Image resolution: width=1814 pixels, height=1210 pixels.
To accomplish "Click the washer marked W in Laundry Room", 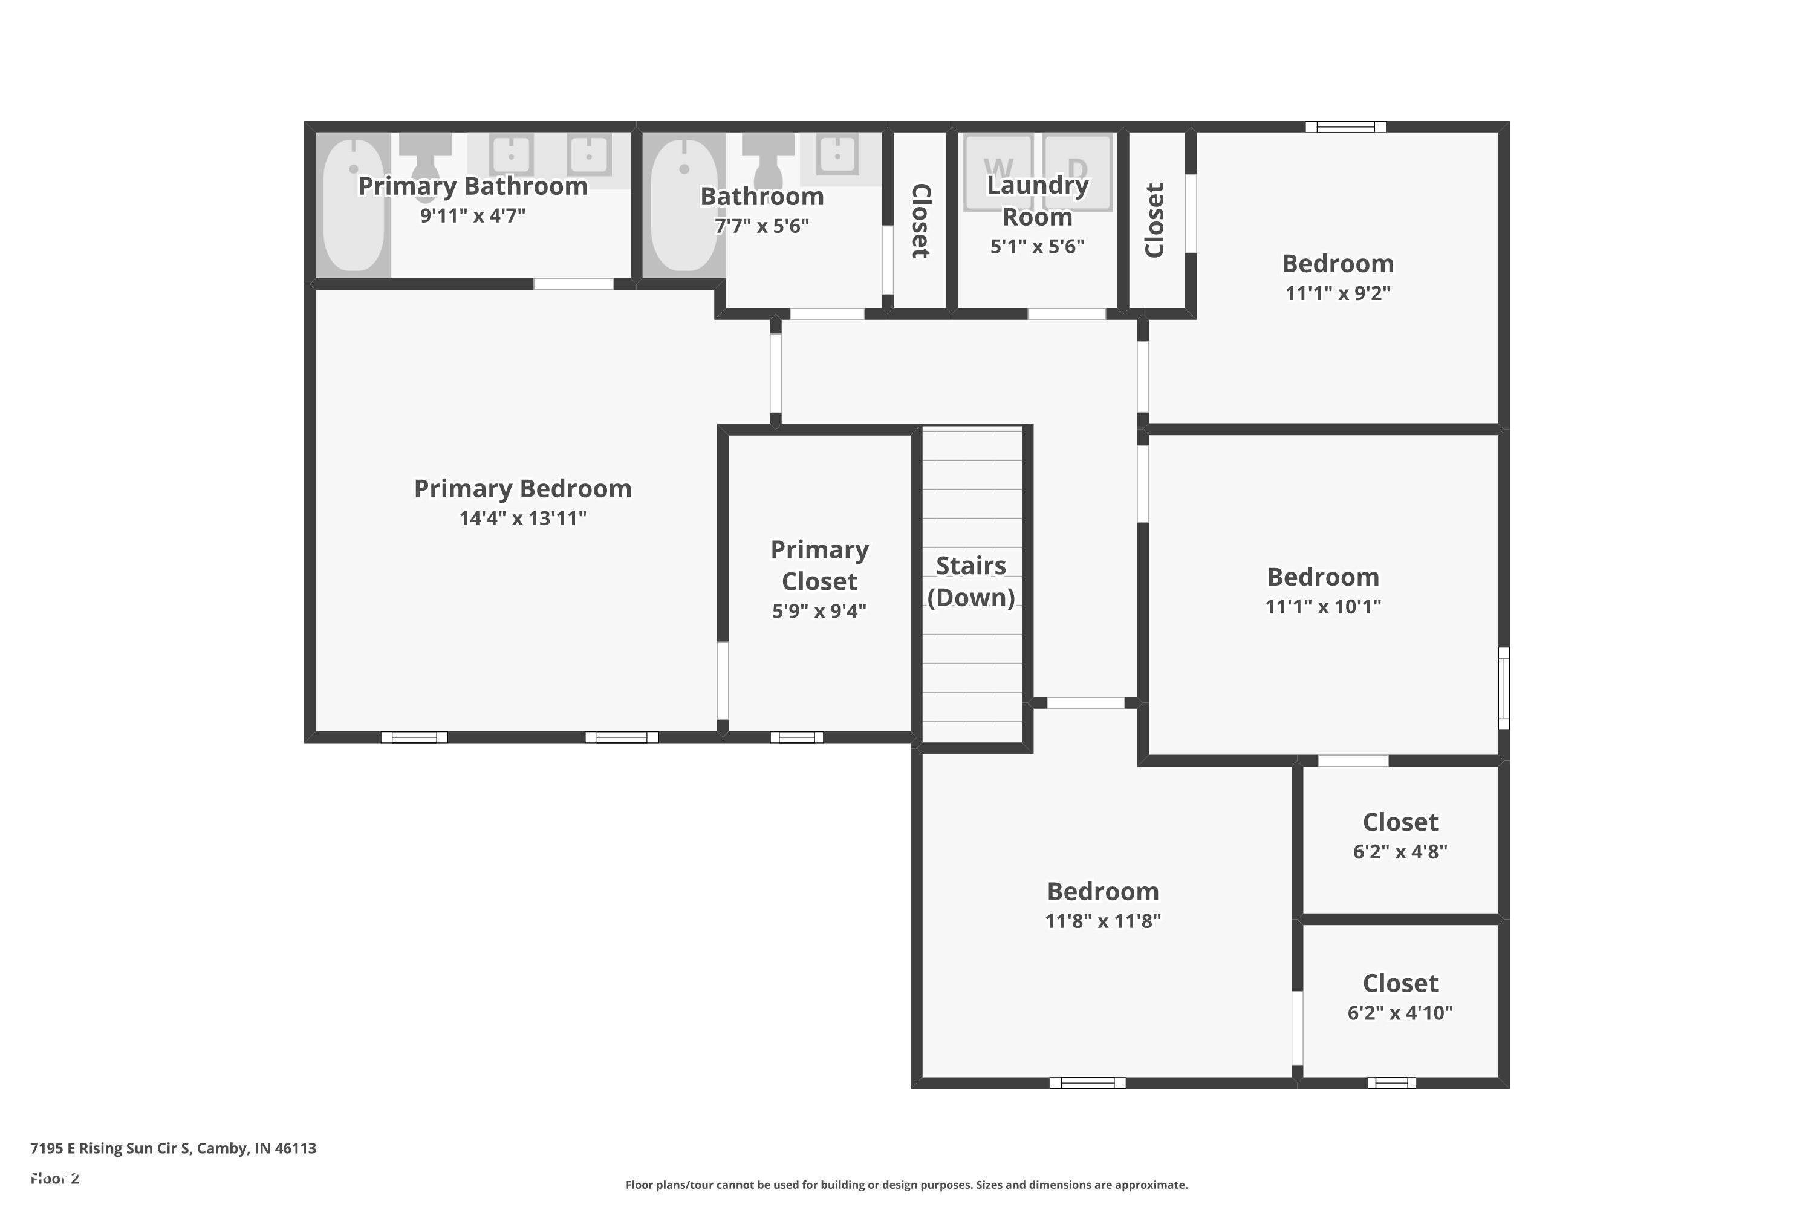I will point(998,171).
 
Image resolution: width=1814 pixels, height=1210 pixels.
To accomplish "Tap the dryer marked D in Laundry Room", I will point(1078,171).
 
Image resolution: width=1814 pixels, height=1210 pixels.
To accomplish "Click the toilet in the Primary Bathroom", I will point(425,163).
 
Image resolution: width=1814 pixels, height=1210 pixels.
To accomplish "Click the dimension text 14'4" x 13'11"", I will point(522,518).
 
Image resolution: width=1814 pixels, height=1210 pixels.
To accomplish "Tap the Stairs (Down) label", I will point(970,581).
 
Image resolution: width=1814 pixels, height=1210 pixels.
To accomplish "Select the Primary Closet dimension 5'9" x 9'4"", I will point(819,610).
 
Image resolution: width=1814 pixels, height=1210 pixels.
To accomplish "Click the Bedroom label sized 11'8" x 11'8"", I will point(1102,891).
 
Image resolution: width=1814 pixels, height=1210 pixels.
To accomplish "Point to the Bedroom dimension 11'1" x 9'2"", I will point(1338,293).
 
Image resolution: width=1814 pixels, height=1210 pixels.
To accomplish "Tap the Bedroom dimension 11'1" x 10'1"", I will point(1323,607).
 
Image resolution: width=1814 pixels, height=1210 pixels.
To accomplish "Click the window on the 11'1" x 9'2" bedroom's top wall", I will point(1345,127).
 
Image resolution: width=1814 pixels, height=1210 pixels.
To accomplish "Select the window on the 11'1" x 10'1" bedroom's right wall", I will point(1503,687).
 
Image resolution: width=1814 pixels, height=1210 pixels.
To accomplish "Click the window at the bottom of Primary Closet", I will point(797,737).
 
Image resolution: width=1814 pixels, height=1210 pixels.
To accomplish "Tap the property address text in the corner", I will point(173,1148).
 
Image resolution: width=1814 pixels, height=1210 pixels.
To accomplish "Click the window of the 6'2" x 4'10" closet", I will point(1391,1083).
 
